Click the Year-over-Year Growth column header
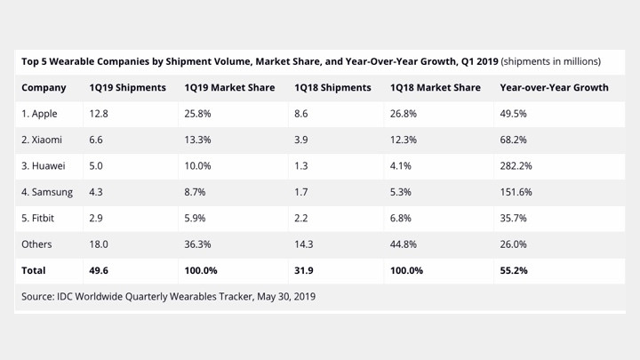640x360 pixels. tap(554, 88)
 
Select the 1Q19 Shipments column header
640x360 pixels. tap(127, 88)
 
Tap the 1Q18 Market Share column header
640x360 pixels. tap(435, 88)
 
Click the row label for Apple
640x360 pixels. tap(41, 114)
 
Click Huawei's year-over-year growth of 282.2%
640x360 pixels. tap(517, 166)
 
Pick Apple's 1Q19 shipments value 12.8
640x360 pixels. tap(99, 114)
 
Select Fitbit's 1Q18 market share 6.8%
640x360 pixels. tap(402, 218)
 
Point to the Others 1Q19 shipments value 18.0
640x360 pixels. tap(99, 244)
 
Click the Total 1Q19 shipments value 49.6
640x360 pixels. tap(99, 270)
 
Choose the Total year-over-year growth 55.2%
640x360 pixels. tap(516, 270)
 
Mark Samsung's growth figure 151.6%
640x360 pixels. tap(517, 192)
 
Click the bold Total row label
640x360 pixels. tap(34, 270)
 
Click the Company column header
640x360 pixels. tap(44, 88)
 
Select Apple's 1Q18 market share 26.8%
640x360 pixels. tap(404, 114)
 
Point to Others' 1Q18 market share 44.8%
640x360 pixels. tap(404, 244)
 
